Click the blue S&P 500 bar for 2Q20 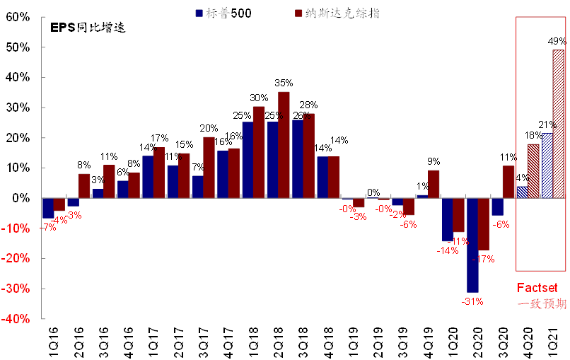click(472, 245)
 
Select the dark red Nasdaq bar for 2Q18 click(284, 145)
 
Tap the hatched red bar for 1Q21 click(558, 124)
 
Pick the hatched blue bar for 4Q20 click(522, 192)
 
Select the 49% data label click(557, 41)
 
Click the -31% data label click(472, 301)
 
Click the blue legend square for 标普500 click(199, 13)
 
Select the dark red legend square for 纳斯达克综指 click(298, 13)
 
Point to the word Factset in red click(537, 289)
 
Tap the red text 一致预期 click(542, 304)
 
